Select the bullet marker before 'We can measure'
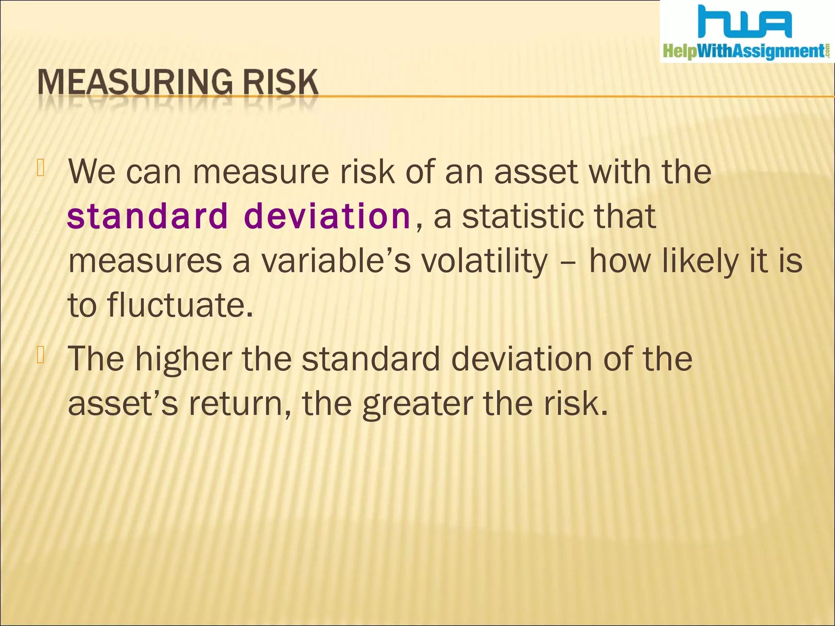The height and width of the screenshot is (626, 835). (x=40, y=168)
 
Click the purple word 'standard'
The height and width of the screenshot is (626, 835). (x=147, y=216)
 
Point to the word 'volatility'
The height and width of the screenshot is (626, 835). (x=485, y=261)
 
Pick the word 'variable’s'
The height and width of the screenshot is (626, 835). (x=336, y=261)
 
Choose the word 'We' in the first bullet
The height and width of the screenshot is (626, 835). (x=92, y=172)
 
